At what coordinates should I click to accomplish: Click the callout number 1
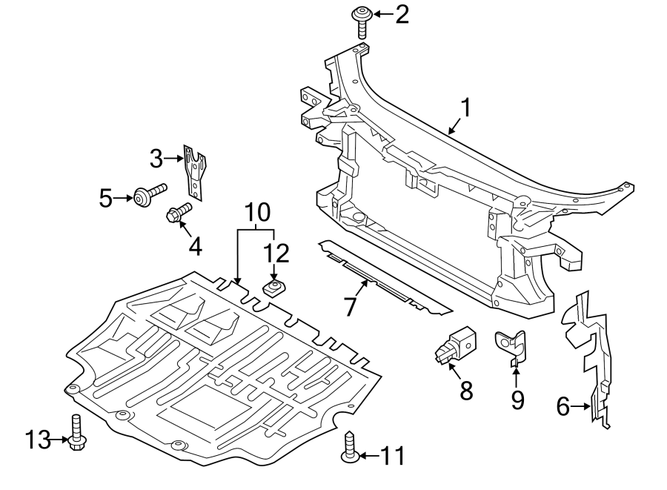coord(465,108)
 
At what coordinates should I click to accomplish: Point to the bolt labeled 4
coord(178,213)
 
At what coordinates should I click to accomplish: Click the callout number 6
coord(563,405)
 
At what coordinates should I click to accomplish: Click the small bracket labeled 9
coord(514,345)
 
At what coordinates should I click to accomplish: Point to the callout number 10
coord(258,213)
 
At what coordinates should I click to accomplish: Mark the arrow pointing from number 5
coord(125,197)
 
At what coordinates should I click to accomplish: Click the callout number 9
coord(517,400)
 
